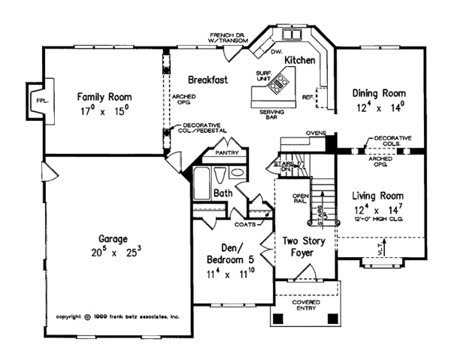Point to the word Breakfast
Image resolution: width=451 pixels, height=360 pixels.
pyautogui.click(x=208, y=78)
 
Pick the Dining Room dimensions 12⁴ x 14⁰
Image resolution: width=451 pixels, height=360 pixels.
pyautogui.click(x=380, y=107)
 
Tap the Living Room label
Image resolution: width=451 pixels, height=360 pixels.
pyautogui.click(x=379, y=196)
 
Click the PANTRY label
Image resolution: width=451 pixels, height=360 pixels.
pyautogui.click(x=227, y=151)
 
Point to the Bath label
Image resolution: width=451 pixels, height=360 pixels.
pyautogui.click(x=222, y=193)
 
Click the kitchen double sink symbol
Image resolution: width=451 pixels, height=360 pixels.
pyautogui.click(x=290, y=35)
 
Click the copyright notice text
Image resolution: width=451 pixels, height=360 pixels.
pyautogui.click(x=119, y=316)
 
